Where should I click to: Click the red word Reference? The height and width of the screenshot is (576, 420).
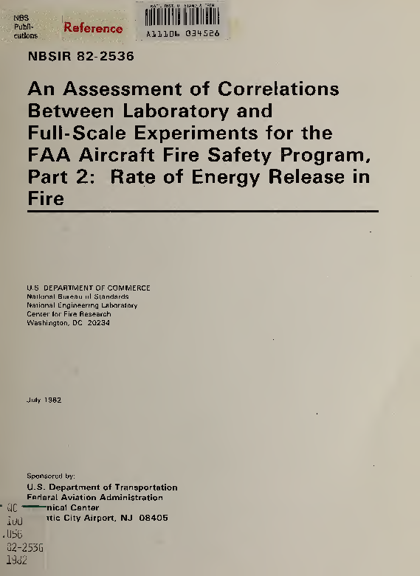click(x=93, y=29)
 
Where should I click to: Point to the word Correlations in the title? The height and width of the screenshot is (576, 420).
click(x=280, y=89)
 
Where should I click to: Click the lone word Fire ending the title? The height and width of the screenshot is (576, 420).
click(x=45, y=199)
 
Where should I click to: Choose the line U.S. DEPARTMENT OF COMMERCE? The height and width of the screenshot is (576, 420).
click(x=89, y=287)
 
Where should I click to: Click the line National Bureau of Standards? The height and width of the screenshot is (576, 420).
click(x=78, y=296)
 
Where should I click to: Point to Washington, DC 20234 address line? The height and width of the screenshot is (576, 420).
click(x=68, y=322)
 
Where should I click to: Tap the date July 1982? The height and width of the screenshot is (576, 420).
click(x=44, y=400)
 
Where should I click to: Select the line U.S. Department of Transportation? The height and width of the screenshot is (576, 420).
click(x=102, y=487)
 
